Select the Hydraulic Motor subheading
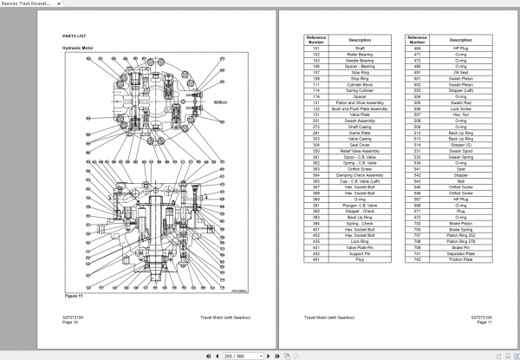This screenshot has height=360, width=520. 78,49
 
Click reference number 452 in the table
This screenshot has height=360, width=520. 317,236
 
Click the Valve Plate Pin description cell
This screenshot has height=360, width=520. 360,247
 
